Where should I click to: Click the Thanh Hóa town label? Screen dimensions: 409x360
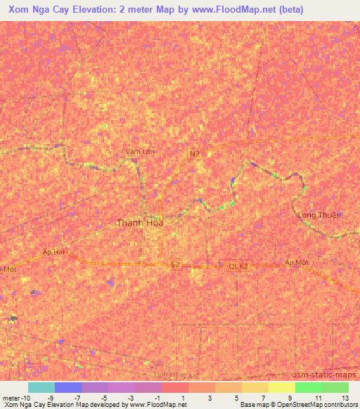coord(139,223)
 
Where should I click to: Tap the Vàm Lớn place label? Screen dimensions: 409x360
coord(140,151)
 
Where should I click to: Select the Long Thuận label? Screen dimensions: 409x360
coord(319,215)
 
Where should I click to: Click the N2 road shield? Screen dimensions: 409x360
coord(194,152)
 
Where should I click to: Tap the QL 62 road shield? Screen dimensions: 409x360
coord(238,266)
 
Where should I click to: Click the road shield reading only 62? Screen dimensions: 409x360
coord(175,265)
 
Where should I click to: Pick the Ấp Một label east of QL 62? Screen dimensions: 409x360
coord(297,261)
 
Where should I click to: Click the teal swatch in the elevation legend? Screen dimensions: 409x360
coord(41,387)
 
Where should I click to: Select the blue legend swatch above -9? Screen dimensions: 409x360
coord(68,387)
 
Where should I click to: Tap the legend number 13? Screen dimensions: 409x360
coord(344,398)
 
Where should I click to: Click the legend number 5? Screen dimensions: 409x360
coord(237,398)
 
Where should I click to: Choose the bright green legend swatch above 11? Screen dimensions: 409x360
coord(309,387)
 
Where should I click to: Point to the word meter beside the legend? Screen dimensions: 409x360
coord(11,398)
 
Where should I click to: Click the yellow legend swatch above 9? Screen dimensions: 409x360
coord(282,387)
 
